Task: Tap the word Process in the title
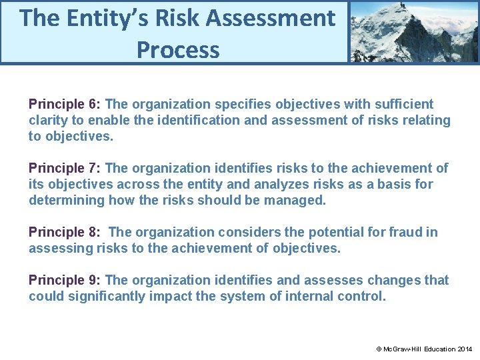pyautogui.click(x=178, y=49)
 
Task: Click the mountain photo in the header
pyautogui.click(x=414, y=31)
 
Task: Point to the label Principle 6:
pyautogui.click(x=65, y=104)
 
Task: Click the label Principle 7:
pyautogui.click(x=65, y=168)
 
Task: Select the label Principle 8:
pyautogui.click(x=65, y=232)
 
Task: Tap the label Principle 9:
pyautogui.click(x=65, y=280)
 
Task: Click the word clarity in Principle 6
pyautogui.click(x=49, y=121)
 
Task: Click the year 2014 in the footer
pyautogui.click(x=465, y=349)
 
